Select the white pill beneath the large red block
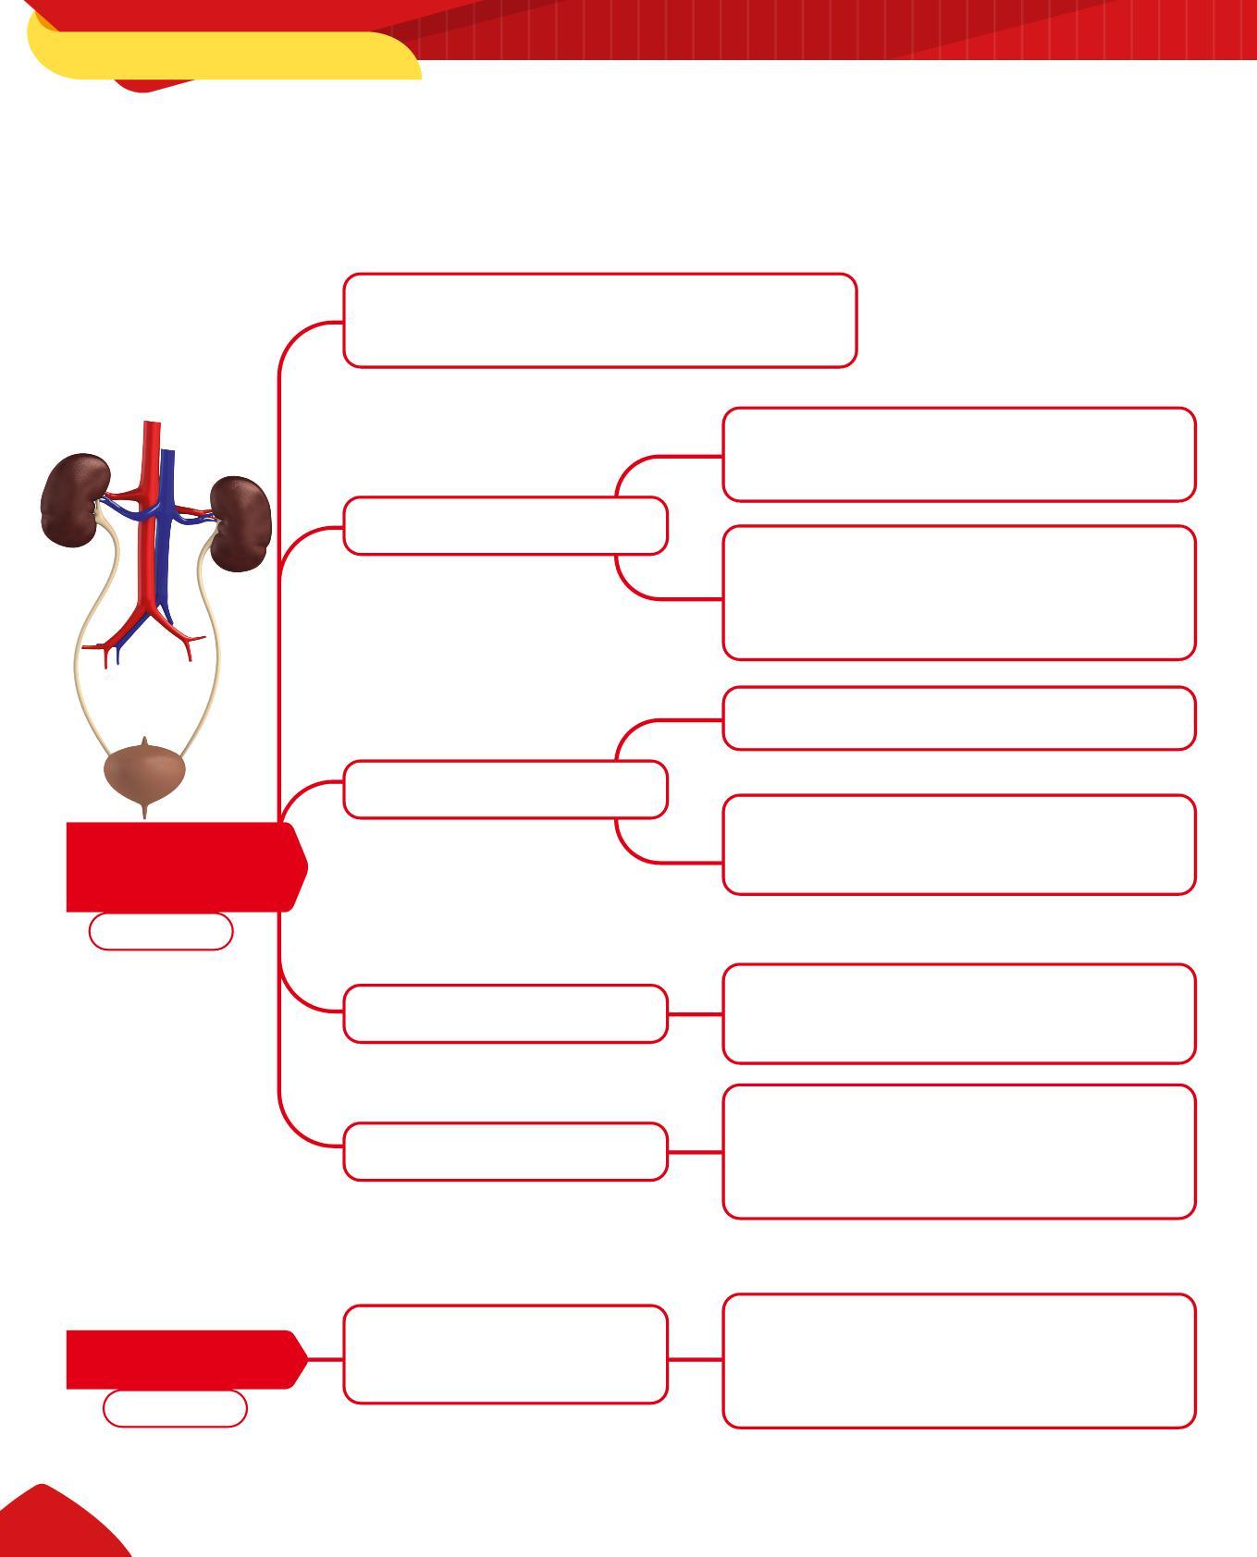coord(160,932)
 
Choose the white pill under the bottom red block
coord(175,1409)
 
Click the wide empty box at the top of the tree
coord(599,320)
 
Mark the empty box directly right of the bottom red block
coord(505,1355)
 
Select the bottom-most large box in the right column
coord(958,1361)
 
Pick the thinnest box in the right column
coord(958,718)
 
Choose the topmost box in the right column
coord(958,455)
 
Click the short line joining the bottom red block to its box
coord(325,1359)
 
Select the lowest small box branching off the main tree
coord(505,1152)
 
